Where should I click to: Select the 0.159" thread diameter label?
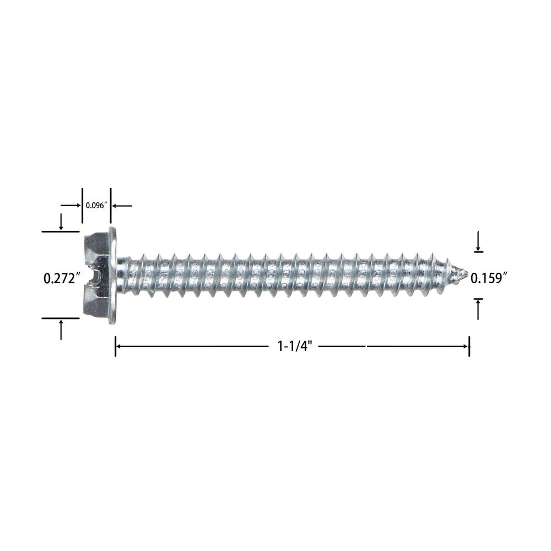pos(489,278)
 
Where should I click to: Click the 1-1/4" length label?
pos(294,347)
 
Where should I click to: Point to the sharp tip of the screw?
pos(467,272)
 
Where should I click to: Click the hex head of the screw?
pos(96,275)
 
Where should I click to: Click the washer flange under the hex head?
pos(113,275)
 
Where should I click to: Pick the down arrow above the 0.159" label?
pos(478,241)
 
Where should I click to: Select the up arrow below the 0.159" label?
pos(478,309)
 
